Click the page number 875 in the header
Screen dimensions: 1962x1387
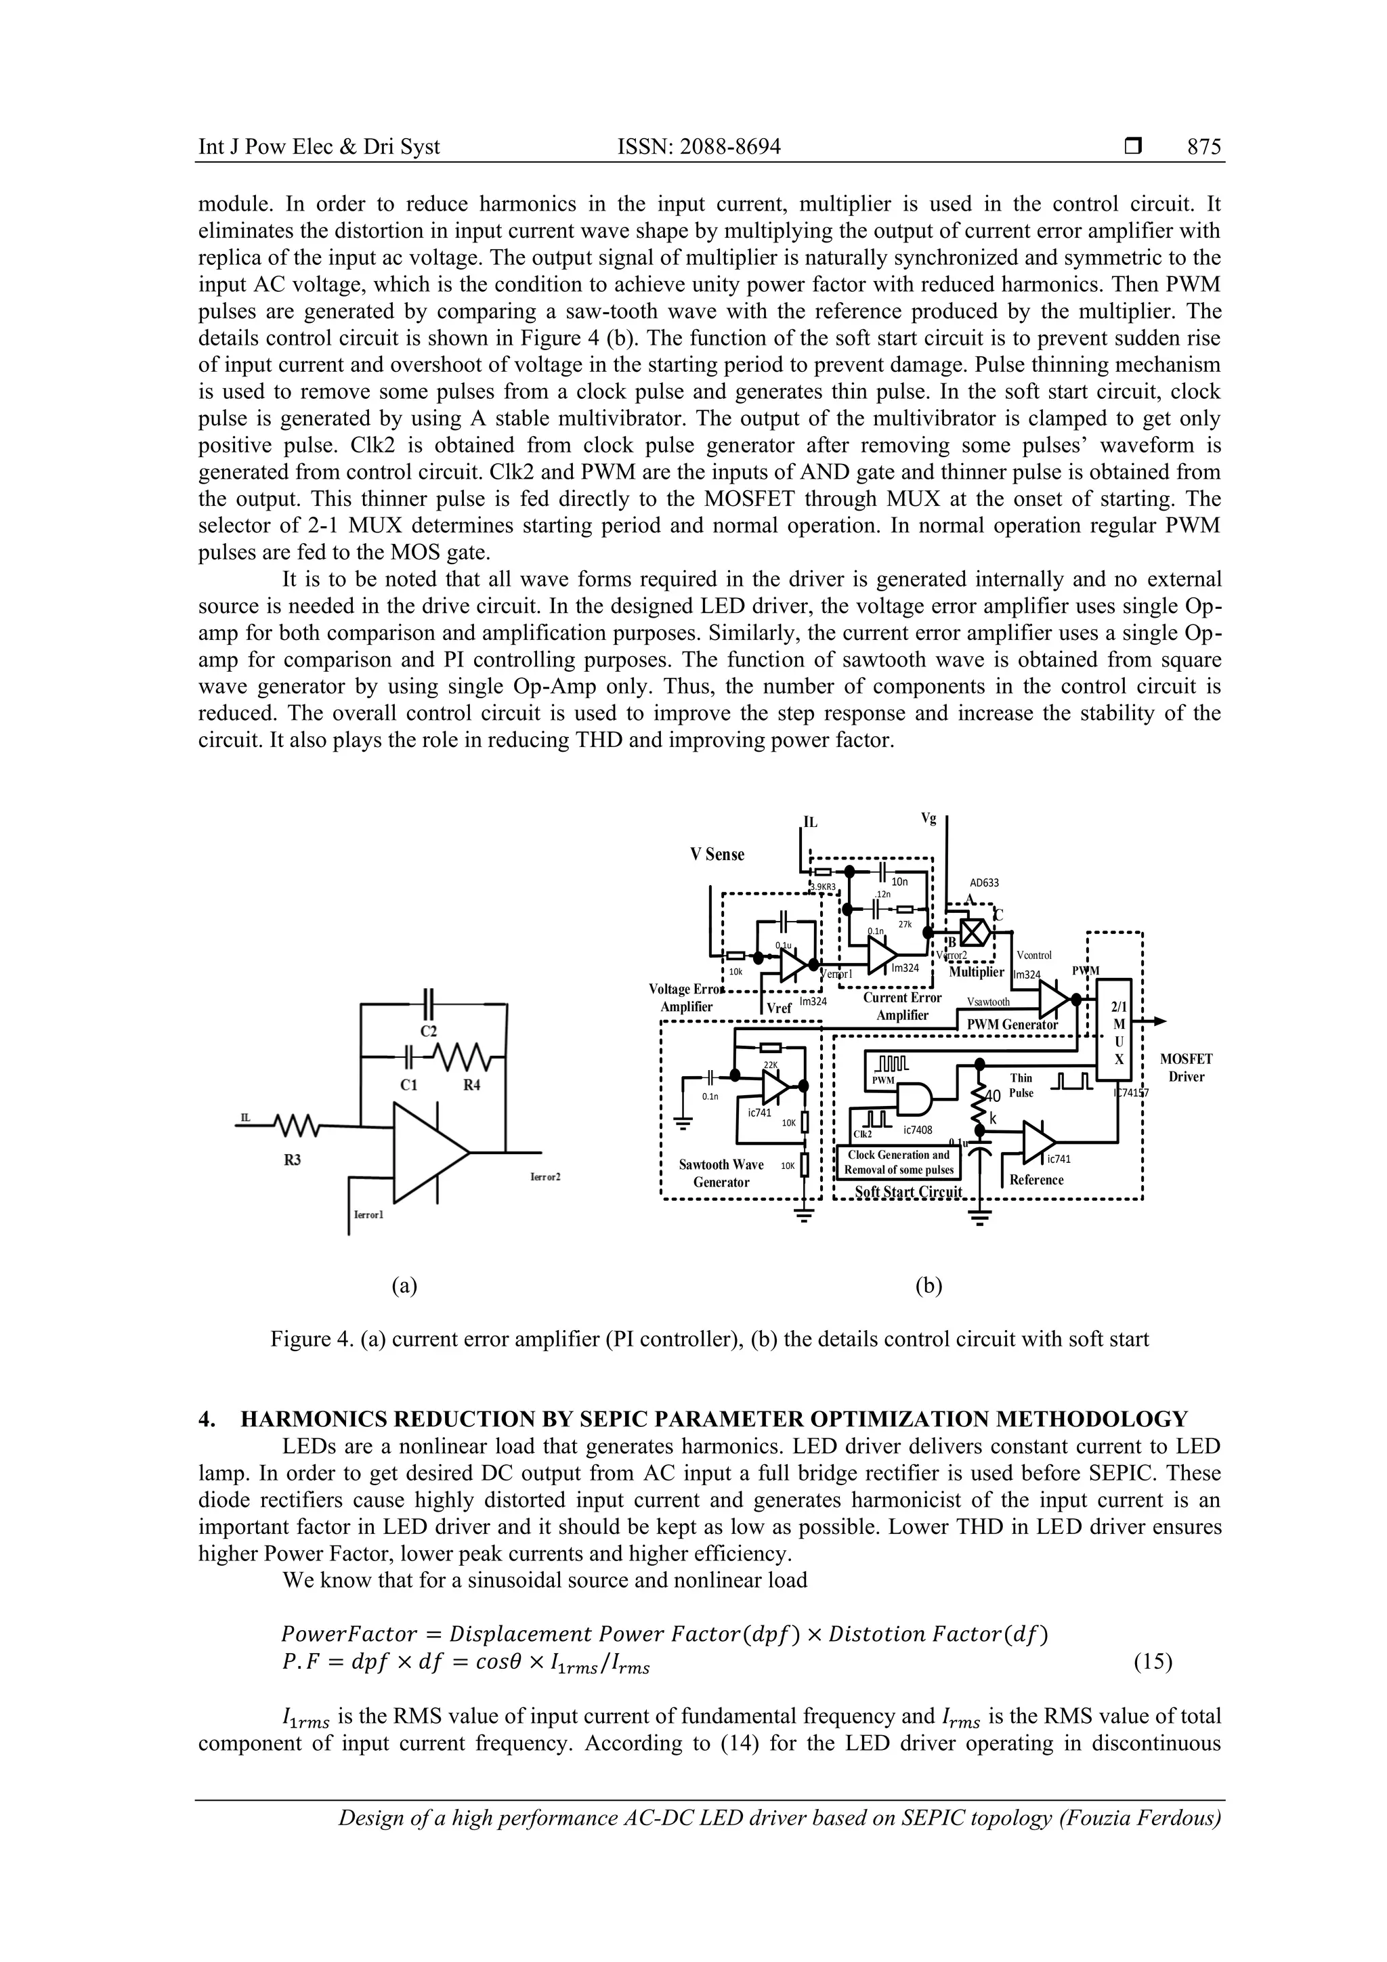pos(1204,147)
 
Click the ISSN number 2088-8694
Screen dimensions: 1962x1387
pos(698,147)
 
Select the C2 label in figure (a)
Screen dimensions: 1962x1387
pos(430,1031)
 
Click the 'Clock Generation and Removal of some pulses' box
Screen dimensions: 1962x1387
pos(898,1162)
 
